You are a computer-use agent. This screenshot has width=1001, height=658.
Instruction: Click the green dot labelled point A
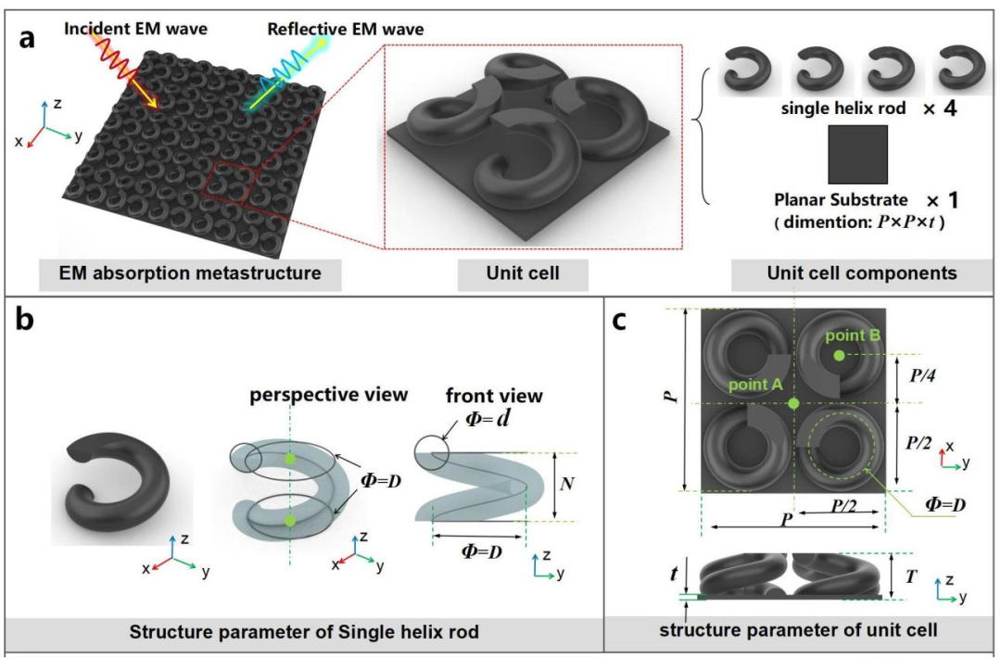tap(793, 403)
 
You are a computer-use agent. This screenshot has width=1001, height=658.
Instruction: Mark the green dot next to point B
tap(838, 356)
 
